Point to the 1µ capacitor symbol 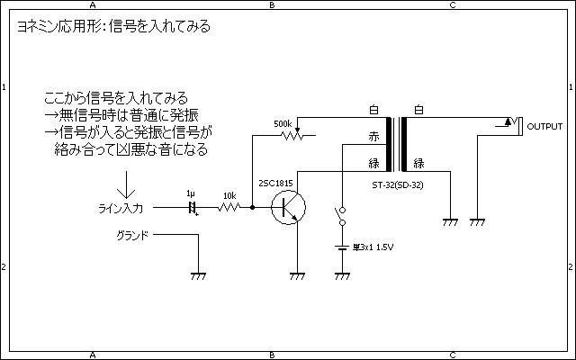191,207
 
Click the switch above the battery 341,217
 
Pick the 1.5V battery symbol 341,247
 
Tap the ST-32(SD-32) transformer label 397,186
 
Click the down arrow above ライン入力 126,184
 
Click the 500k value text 282,123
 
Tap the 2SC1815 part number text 275,184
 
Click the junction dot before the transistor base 253,207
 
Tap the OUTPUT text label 544,126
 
